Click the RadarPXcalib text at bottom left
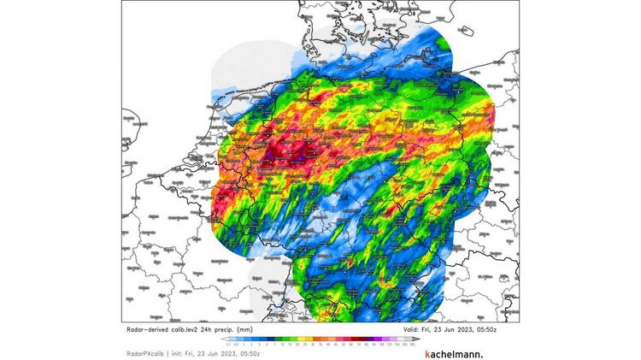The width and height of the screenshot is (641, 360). click(140, 352)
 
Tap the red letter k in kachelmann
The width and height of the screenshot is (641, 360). click(427, 352)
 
